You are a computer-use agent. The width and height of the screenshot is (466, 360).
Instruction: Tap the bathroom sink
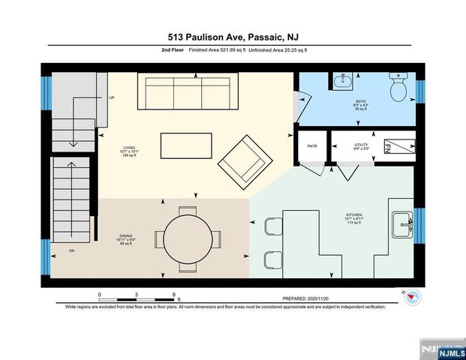pyautogui.click(x=341, y=80)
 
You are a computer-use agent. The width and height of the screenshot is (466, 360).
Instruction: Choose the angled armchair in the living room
pyautogui.click(x=245, y=159)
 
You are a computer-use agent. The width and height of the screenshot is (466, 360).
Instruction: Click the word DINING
pyautogui.click(x=126, y=236)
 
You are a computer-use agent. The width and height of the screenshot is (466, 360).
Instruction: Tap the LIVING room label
pyautogui.click(x=130, y=148)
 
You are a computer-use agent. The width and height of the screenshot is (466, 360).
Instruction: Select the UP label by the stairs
pyautogui.click(x=112, y=98)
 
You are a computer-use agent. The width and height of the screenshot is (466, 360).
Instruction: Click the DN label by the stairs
pyautogui.click(x=72, y=250)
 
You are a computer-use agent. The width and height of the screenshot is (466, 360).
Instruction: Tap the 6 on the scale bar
pyautogui.click(x=173, y=294)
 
